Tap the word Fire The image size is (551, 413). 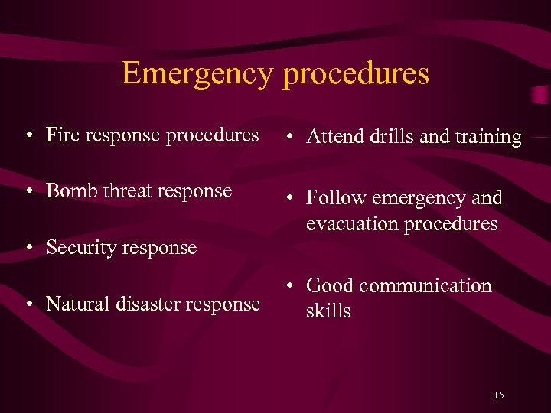point(61,135)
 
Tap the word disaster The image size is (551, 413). point(146,304)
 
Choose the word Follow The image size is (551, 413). point(335,198)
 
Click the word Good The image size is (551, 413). point(330,285)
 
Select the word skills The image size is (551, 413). point(328,311)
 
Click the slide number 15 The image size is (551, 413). point(498,395)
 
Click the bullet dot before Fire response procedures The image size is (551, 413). point(28,136)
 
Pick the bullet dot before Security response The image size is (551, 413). point(28,249)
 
